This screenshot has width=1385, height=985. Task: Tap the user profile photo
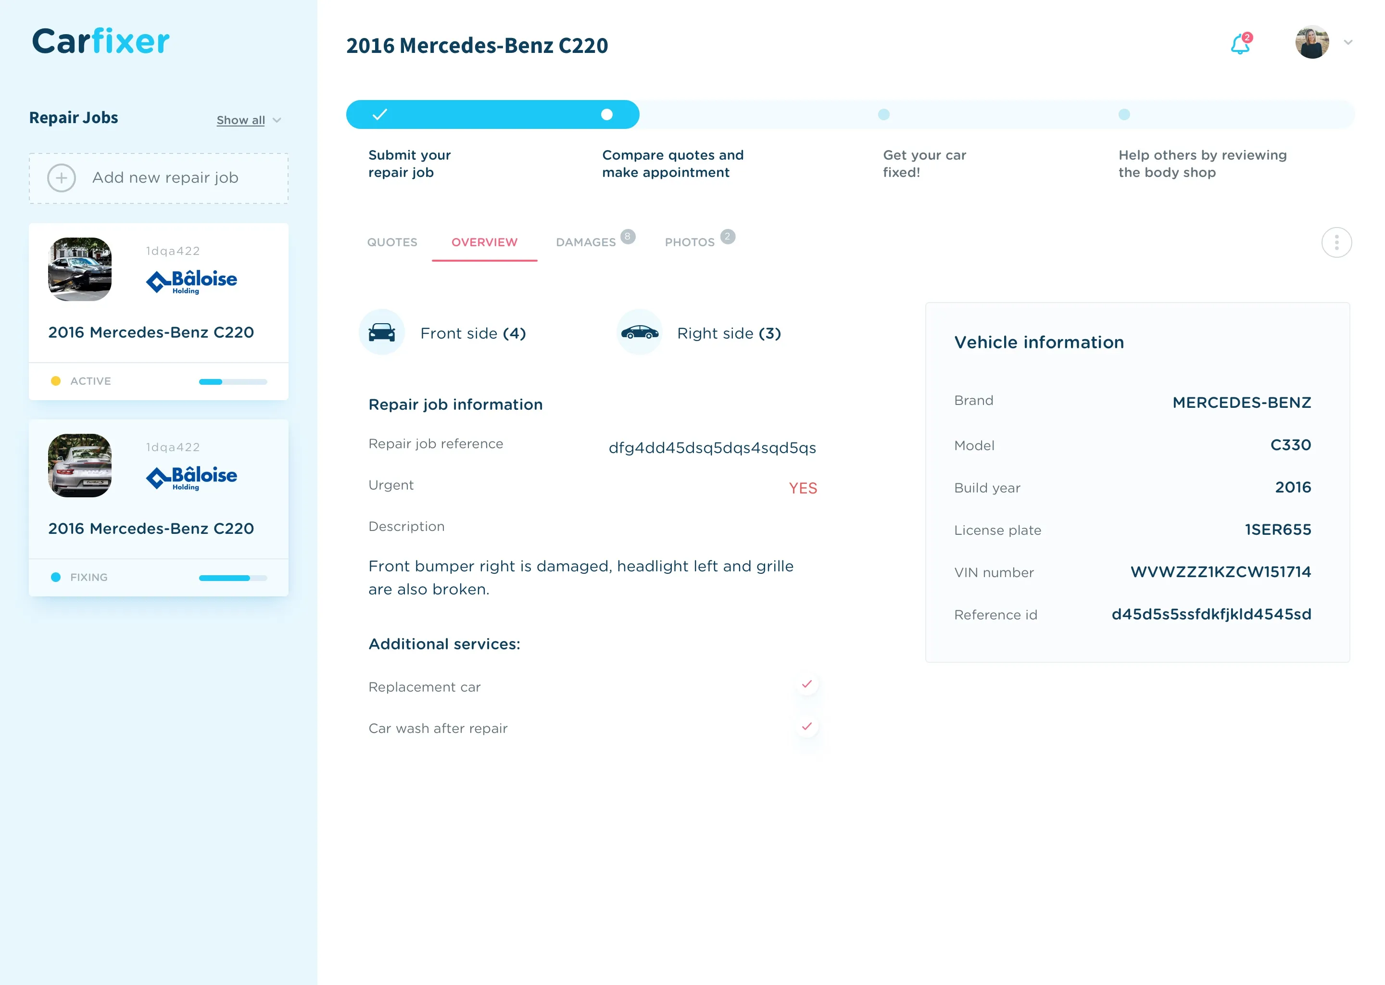[x=1311, y=42]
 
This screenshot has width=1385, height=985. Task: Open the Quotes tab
[x=392, y=242]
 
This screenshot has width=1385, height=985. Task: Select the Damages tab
[x=586, y=242]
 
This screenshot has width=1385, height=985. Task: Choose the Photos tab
[x=690, y=242]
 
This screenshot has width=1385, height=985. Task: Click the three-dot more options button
[x=1336, y=242]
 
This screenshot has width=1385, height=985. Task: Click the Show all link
[x=241, y=120]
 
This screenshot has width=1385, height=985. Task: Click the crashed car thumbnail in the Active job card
[x=80, y=269]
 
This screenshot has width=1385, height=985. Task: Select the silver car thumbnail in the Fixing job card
[x=80, y=465]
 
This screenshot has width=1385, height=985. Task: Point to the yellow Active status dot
[x=56, y=381]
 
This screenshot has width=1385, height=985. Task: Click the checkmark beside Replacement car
[x=806, y=684]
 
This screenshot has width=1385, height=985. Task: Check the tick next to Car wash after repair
[x=806, y=726]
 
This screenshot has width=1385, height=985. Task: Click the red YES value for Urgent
[x=803, y=488]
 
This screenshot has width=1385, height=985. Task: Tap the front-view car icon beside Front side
[x=382, y=332]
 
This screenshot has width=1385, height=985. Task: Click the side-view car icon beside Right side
[x=640, y=332]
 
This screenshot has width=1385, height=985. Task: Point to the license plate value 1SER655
[x=1278, y=530]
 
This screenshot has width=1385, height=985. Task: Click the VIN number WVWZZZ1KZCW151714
[x=1221, y=572]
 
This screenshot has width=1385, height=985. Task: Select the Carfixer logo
[x=101, y=41]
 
